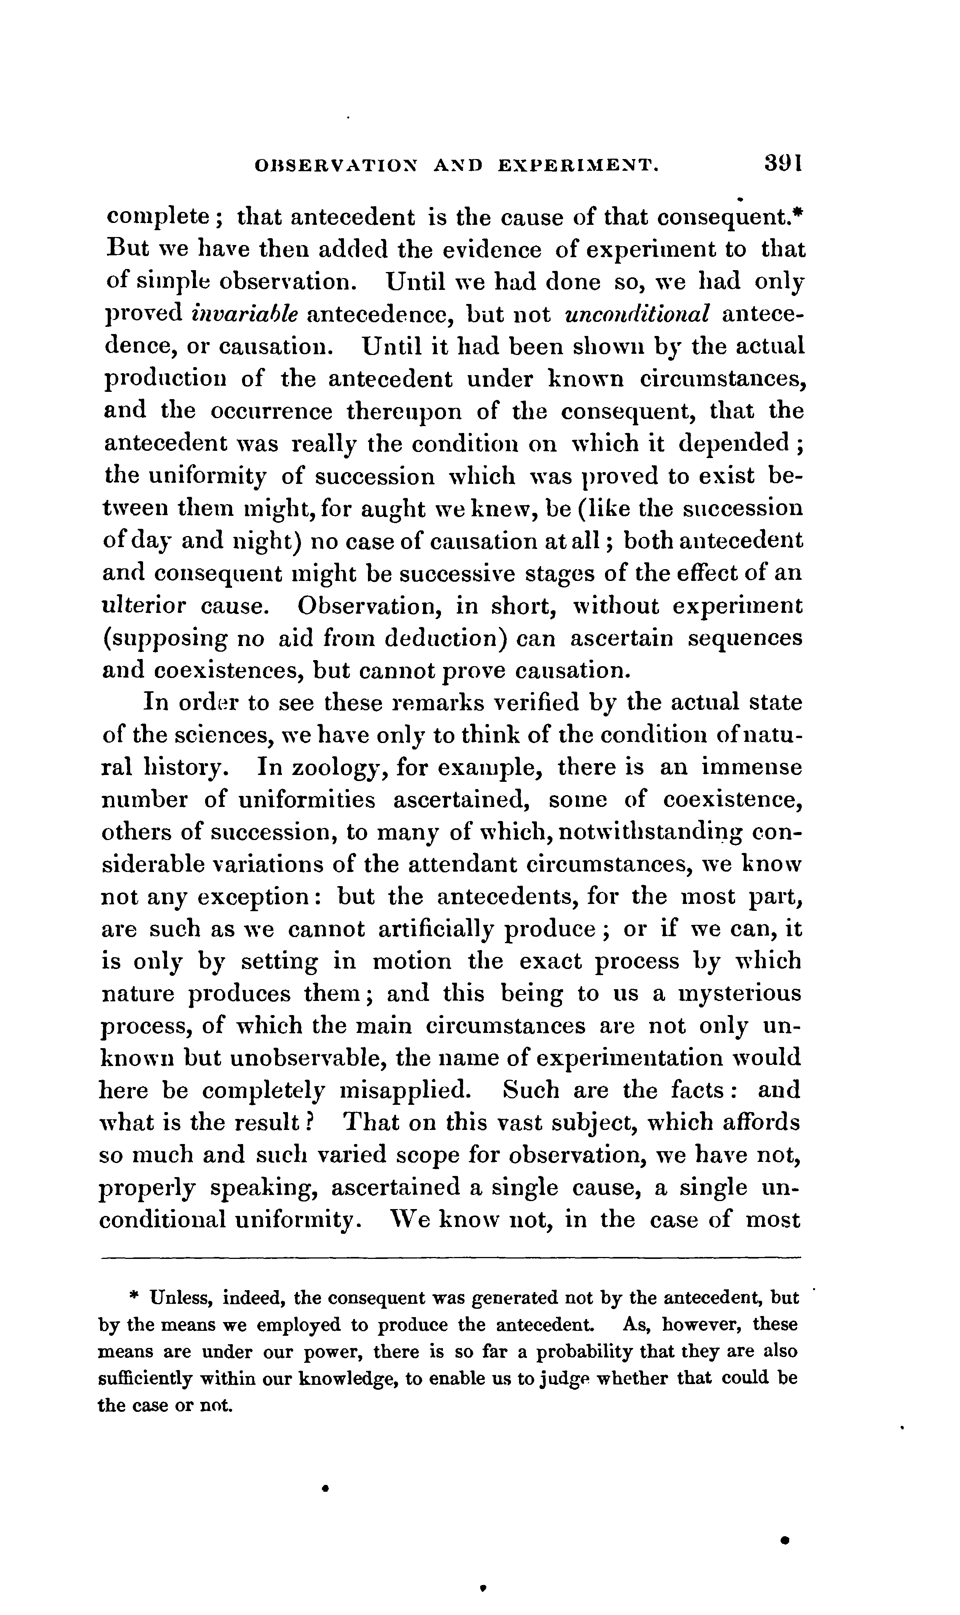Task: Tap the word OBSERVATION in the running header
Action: tap(336, 166)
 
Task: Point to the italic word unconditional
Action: tap(638, 314)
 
